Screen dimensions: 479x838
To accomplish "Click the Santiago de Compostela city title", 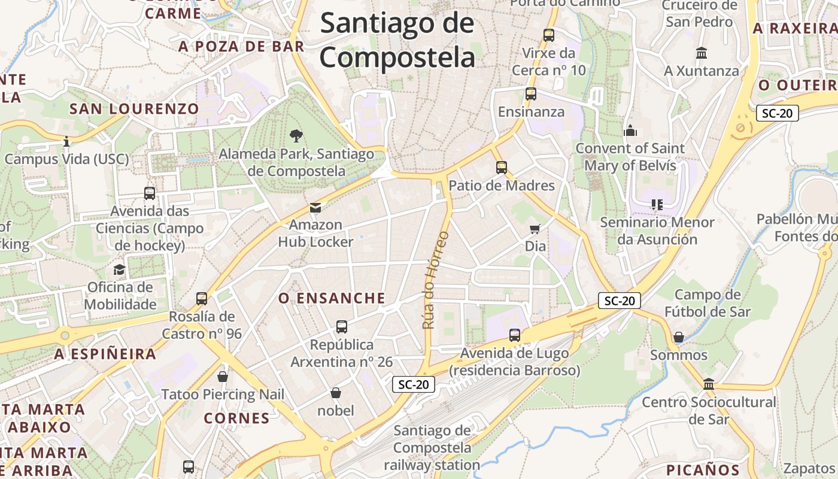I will point(397,41).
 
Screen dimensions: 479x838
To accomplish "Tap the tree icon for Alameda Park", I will point(296,136).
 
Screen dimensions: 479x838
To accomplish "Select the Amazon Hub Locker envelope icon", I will point(315,208).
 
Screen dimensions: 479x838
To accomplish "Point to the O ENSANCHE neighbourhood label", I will point(332,298).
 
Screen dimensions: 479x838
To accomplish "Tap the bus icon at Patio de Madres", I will point(502,168).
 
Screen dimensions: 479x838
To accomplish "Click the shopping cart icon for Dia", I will point(535,229).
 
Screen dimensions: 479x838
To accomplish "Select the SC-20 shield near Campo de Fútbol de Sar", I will point(619,301).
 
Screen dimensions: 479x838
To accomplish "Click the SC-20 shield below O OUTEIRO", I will point(777,113).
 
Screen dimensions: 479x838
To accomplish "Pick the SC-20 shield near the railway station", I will point(414,384).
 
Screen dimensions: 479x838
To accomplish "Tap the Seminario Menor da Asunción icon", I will point(657,205).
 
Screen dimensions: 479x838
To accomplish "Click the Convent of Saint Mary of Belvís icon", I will point(630,131).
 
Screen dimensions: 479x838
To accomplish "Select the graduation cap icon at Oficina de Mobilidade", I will point(120,269).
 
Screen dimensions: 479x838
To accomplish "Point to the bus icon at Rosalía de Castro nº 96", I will point(202,298).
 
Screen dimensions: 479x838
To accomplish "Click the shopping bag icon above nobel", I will point(336,393).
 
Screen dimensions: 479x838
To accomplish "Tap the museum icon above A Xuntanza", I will point(702,53).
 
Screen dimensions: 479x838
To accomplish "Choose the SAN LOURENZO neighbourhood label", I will point(134,109).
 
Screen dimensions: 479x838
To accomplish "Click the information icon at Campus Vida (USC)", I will point(66,142).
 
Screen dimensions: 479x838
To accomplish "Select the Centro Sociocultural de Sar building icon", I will point(709,384).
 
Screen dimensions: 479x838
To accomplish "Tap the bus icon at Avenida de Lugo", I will point(515,335).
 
